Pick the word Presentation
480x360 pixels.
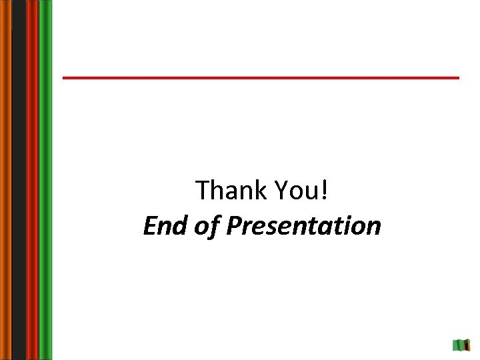304,227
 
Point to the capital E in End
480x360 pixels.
149,226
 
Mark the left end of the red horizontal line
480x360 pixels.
65,78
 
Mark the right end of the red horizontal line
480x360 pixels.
457,78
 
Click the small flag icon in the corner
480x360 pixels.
462,345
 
